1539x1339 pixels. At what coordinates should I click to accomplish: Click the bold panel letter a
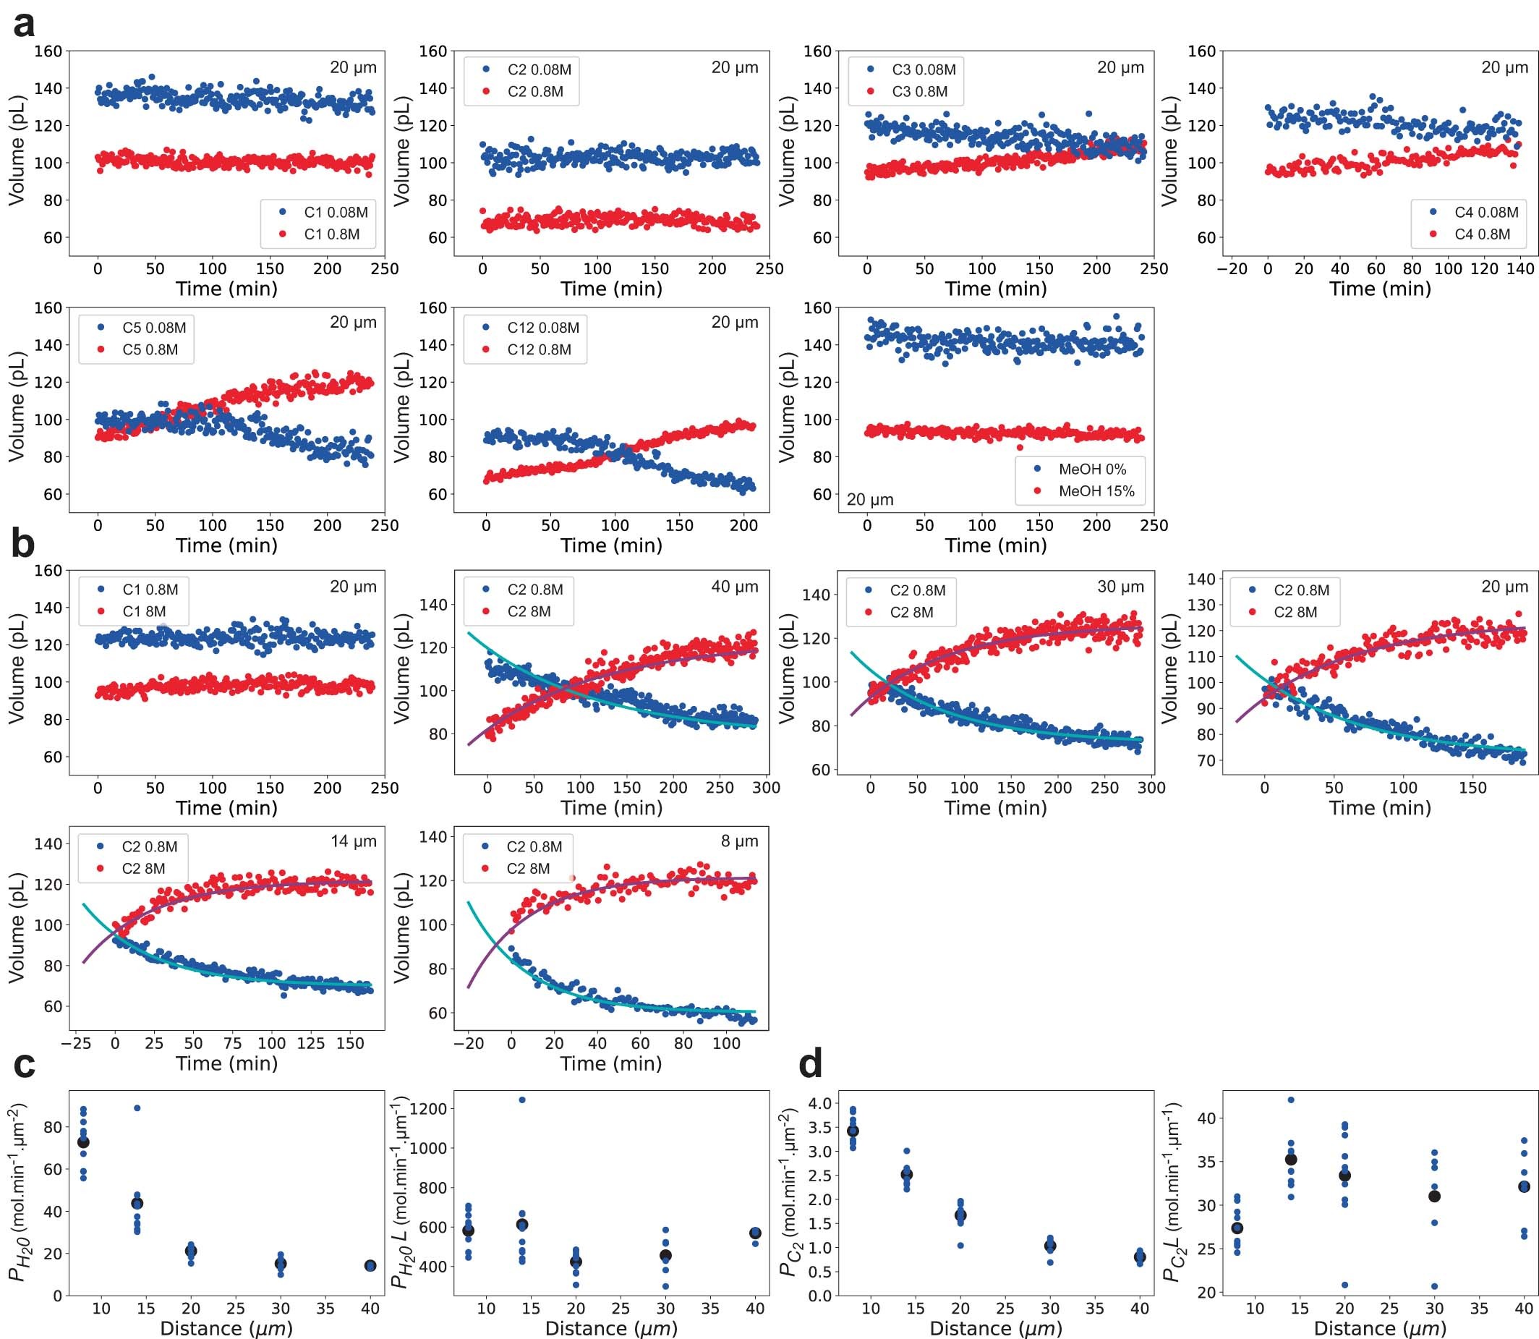click(24, 25)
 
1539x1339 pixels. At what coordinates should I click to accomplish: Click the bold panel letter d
click(811, 1064)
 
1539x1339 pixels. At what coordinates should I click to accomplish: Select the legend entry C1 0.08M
click(336, 212)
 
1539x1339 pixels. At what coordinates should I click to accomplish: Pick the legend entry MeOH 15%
click(1096, 491)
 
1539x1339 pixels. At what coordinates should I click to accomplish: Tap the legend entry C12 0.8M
click(539, 349)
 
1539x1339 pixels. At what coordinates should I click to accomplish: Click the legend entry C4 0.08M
click(1486, 212)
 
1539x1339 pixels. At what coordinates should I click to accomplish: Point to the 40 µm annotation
click(734, 587)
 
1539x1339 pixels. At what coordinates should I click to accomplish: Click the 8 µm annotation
click(740, 841)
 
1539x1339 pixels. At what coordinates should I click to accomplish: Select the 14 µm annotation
click(354, 841)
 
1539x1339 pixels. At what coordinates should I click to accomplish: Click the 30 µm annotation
click(1120, 587)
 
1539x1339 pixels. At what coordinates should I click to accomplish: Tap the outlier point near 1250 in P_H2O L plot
click(522, 1100)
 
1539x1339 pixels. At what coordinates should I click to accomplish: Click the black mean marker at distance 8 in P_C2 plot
click(853, 1131)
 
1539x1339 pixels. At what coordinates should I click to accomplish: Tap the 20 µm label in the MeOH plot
click(869, 499)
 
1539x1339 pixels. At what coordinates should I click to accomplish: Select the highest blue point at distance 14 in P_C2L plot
click(1291, 1100)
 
